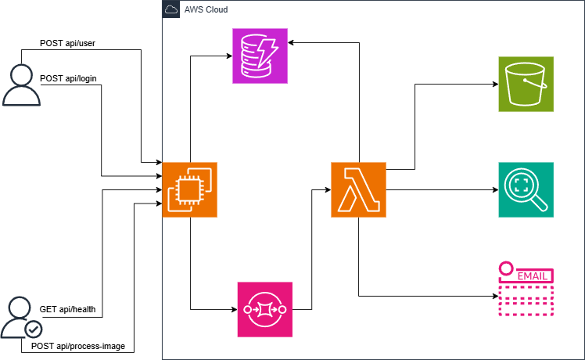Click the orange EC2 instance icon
coord(189,189)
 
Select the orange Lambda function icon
coord(358,189)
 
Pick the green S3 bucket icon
coord(526,83)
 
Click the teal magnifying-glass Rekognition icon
coord(526,189)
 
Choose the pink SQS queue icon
coord(264,309)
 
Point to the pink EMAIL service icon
coord(526,290)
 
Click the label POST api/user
coord(67,42)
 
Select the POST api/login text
coord(68,78)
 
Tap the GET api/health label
coord(67,309)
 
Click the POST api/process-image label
coord(77,345)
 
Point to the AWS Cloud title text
coord(205,9)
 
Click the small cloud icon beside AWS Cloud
coord(171,9)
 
